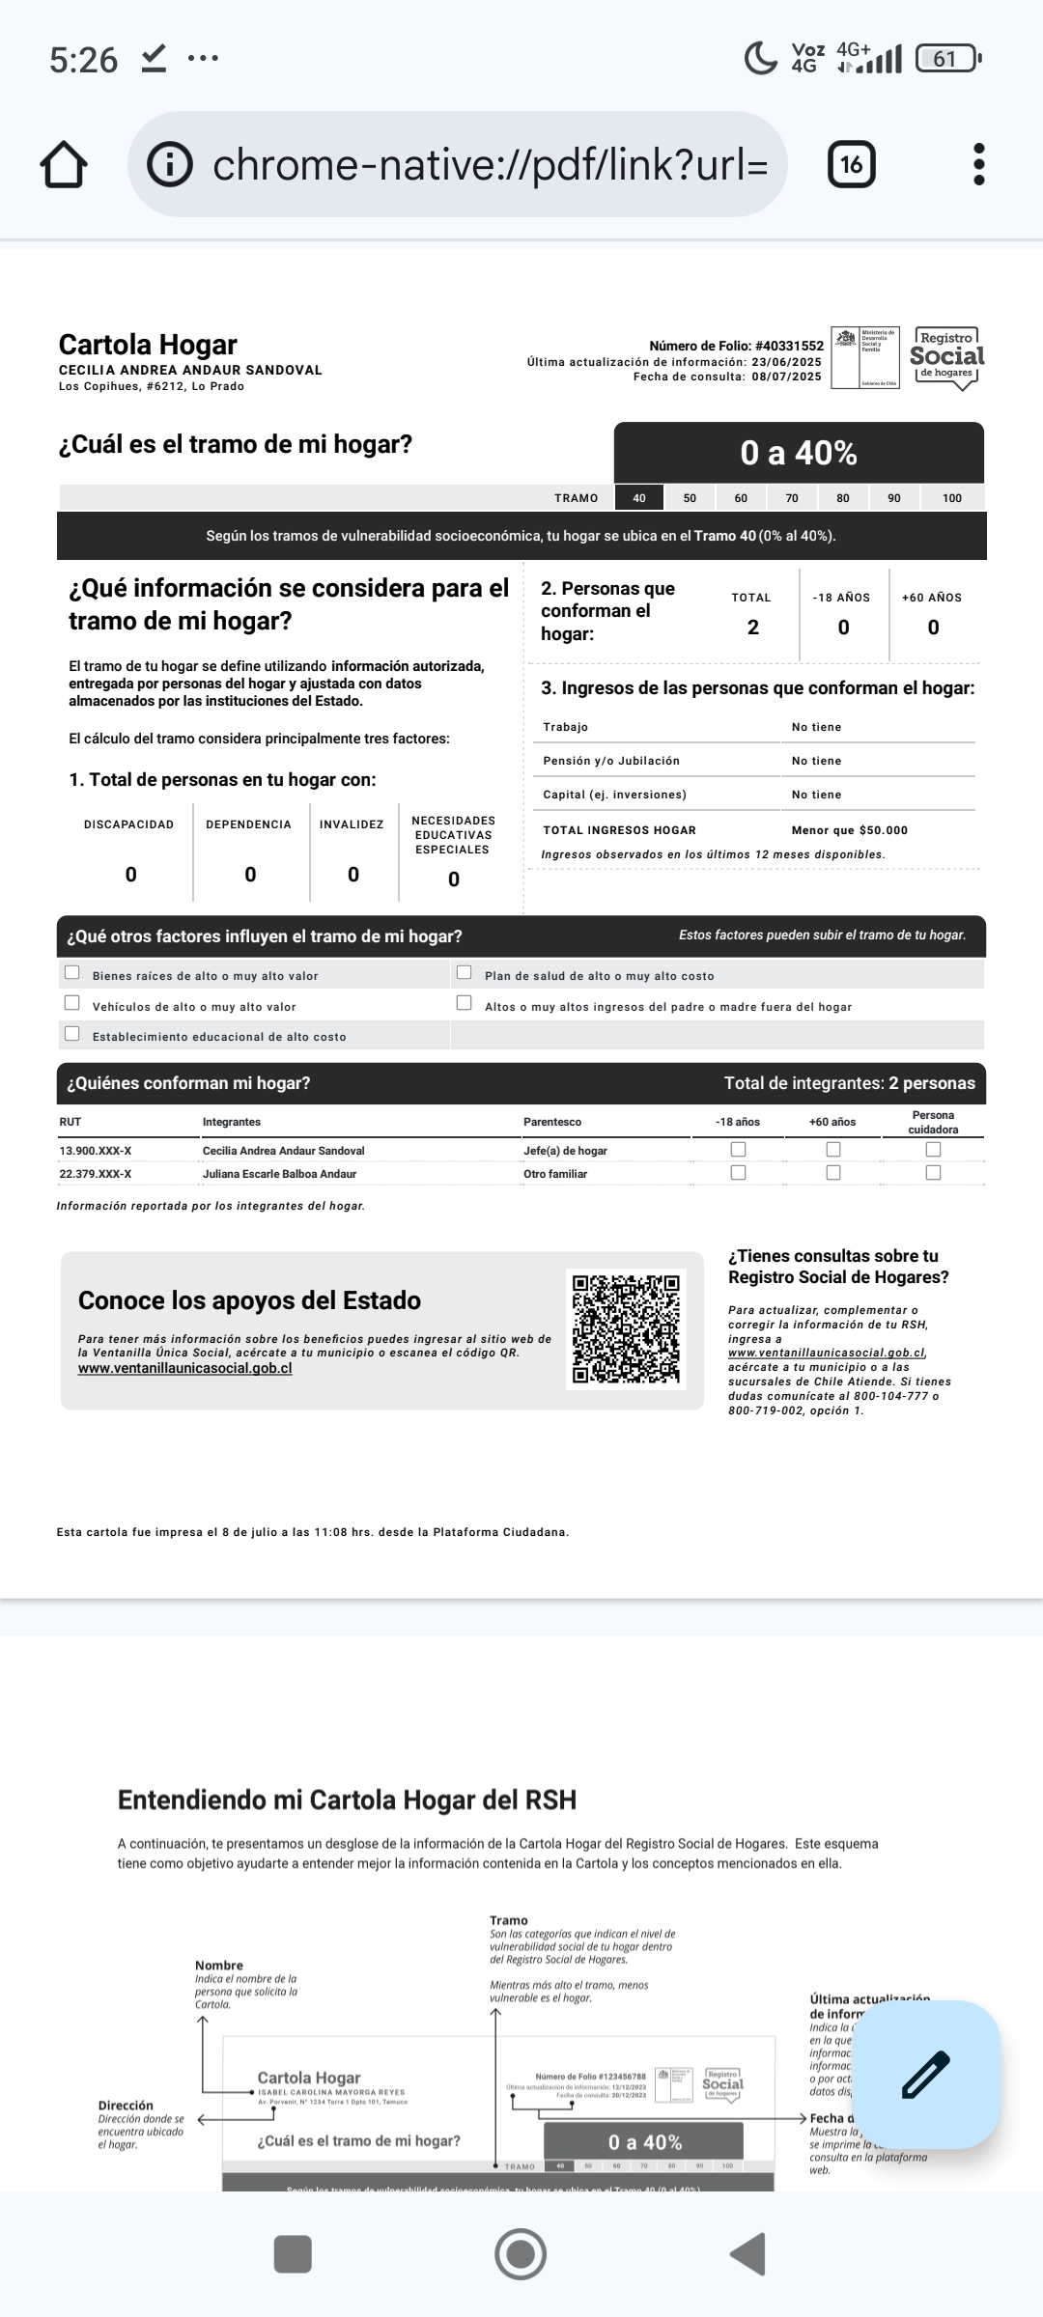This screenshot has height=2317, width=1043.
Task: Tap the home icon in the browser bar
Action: click(x=64, y=164)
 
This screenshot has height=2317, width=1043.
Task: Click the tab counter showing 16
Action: click(x=851, y=164)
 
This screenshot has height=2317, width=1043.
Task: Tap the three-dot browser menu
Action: click(x=978, y=164)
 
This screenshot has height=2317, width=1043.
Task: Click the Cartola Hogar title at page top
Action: click(x=148, y=345)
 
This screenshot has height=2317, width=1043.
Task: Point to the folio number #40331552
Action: click(x=789, y=346)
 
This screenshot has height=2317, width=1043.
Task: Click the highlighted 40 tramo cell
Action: click(x=639, y=498)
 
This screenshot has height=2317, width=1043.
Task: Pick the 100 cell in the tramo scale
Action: click(x=951, y=498)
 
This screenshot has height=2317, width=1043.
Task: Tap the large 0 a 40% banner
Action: click(x=799, y=453)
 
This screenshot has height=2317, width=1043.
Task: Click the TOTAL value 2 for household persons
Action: click(x=752, y=628)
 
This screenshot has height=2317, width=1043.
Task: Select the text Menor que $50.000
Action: click(x=849, y=830)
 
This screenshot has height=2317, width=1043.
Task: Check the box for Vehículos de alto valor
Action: click(x=72, y=1003)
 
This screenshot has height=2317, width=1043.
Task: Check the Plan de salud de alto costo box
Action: click(x=465, y=973)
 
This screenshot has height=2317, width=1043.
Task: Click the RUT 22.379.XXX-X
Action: click(x=96, y=1174)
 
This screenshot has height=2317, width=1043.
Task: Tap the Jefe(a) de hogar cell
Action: click(x=565, y=1151)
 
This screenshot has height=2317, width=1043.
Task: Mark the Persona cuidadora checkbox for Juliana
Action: click(x=933, y=1173)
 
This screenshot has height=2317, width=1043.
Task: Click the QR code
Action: click(x=626, y=1328)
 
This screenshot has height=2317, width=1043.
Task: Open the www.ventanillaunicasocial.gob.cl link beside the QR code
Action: click(x=184, y=1368)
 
